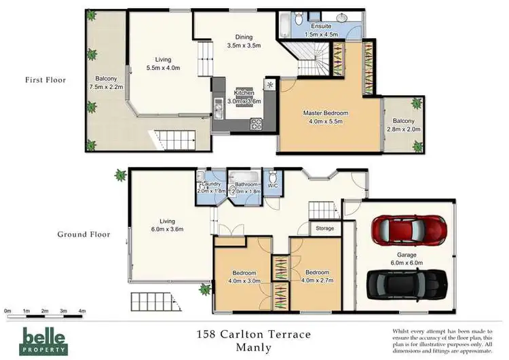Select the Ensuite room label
click(321, 26)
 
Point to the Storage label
click(324, 228)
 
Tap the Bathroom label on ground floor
click(246, 184)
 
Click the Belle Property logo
click(44, 339)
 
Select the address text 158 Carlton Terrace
click(252, 334)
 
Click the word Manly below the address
click(252, 348)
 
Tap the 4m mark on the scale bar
click(82, 310)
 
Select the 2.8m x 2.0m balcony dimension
click(404, 129)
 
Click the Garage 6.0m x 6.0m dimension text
click(406, 262)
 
